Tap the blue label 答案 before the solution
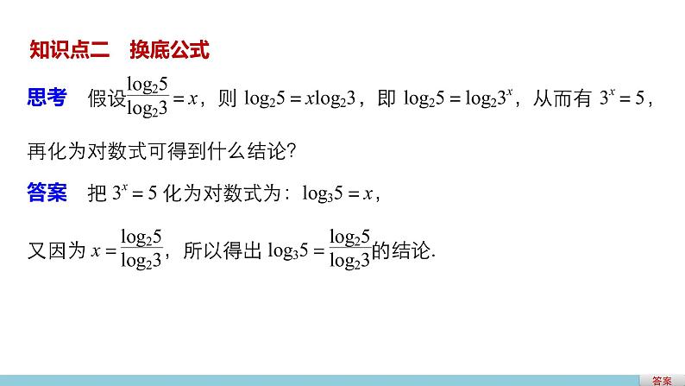46,193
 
